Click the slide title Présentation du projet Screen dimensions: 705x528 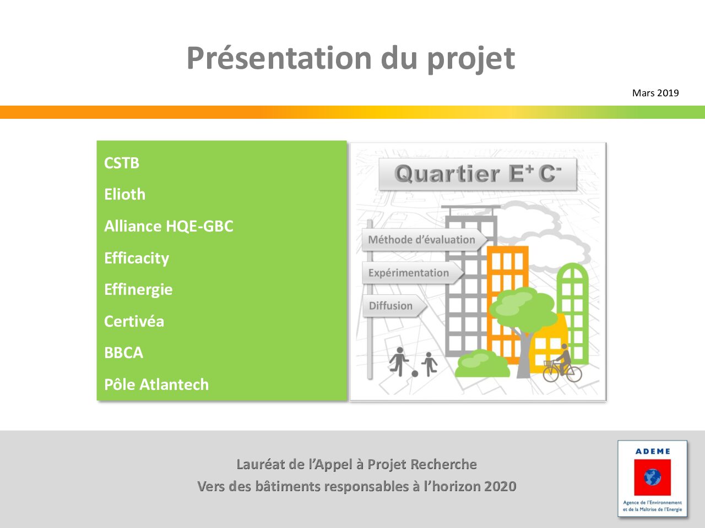point(351,59)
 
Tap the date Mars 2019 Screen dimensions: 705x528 point(655,93)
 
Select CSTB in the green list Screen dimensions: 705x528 point(122,163)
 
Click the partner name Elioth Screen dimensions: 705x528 point(124,194)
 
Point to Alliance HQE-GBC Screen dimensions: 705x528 point(169,226)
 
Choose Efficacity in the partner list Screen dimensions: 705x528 point(137,258)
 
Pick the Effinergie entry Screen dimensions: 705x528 point(138,290)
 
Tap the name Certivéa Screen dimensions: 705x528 point(134,321)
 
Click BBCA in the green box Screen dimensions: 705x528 point(124,353)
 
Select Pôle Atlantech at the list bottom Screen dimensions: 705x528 point(156,384)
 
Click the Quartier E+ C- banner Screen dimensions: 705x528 point(478,174)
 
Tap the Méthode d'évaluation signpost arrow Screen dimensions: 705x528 point(424,239)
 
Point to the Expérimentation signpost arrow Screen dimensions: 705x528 point(413,273)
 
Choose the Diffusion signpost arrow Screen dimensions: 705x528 point(395,306)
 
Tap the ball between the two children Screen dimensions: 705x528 point(415,374)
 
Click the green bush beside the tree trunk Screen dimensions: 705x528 point(482,364)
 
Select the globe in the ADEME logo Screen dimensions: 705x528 point(652,477)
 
